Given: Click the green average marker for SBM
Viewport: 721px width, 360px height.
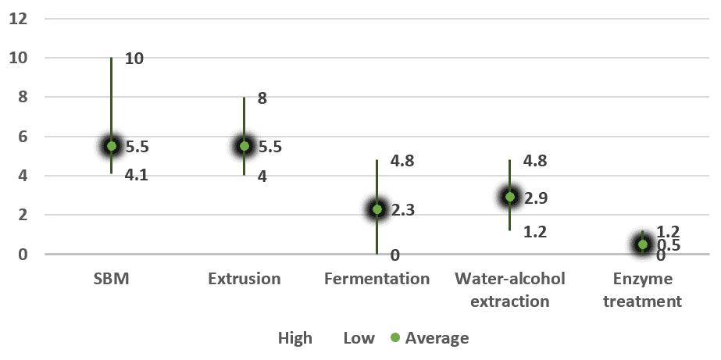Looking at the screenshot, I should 112,146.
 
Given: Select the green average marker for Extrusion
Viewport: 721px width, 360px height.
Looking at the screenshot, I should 244,146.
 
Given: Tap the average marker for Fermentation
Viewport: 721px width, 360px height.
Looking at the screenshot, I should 377,209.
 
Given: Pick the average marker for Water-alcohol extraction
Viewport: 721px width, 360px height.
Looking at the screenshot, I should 509,197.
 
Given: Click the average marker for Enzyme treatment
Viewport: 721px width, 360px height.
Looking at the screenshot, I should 642,244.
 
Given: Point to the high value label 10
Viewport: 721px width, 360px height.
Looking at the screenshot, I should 134,59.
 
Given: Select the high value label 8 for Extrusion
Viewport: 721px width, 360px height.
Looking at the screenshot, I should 262,98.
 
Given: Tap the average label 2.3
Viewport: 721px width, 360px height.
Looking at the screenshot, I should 403,209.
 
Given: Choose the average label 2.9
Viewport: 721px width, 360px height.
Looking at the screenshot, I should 535,197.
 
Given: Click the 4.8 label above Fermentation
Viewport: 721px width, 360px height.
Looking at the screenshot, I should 403,161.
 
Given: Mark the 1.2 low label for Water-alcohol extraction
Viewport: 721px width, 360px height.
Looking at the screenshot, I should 535,232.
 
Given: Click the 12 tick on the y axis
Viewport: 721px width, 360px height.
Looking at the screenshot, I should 18,19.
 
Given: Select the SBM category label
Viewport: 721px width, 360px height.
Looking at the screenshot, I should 112,279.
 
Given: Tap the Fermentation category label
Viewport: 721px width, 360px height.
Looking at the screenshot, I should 377,279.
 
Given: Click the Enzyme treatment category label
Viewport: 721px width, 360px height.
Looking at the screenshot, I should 642,290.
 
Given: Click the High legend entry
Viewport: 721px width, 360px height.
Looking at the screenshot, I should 295,338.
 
